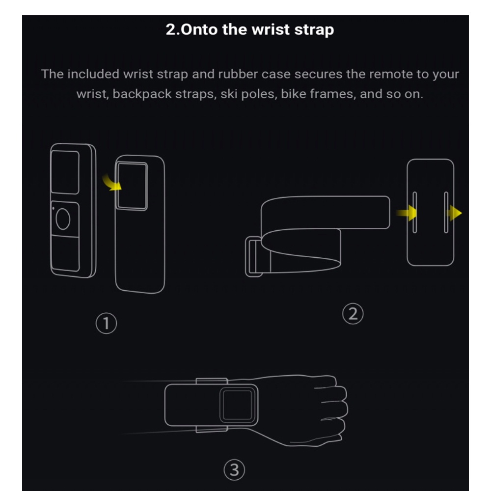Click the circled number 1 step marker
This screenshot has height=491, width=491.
(x=106, y=323)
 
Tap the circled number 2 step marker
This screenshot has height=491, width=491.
(x=353, y=314)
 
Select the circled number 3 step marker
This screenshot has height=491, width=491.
(x=234, y=470)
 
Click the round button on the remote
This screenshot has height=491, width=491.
(x=63, y=219)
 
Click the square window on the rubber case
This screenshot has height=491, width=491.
(x=132, y=186)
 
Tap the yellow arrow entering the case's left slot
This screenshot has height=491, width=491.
(x=406, y=213)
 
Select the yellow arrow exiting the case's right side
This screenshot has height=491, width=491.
(x=455, y=213)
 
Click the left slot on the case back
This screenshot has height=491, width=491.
(x=414, y=212)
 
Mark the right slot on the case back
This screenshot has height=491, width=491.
(x=446, y=212)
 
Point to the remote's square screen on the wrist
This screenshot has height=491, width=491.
(x=238, y=405)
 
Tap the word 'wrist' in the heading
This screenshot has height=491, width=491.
(x=271, y=29)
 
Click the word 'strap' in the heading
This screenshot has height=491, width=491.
(x=314, y=30)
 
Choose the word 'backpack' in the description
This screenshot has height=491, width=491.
(x=142, y=94)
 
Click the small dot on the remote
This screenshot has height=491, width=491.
(x=53, y=208)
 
